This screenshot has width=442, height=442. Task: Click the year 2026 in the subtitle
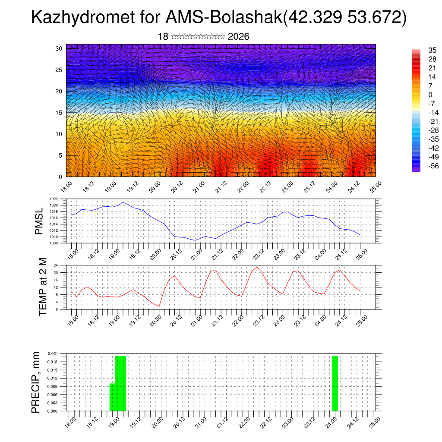[x=238, y=37]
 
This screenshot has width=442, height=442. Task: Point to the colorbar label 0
[x=430, y=95]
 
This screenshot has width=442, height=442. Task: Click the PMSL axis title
[x=39, y=221]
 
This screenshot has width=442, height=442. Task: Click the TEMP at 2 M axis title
[x=43, y=287]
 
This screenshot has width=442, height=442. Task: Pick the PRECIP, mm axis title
[x=36, y=382]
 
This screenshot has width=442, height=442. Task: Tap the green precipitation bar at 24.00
[x=335, y=383]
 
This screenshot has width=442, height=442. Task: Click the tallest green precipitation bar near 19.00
[x=120, y=383]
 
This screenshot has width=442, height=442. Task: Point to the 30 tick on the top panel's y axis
[x=59, y=48]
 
